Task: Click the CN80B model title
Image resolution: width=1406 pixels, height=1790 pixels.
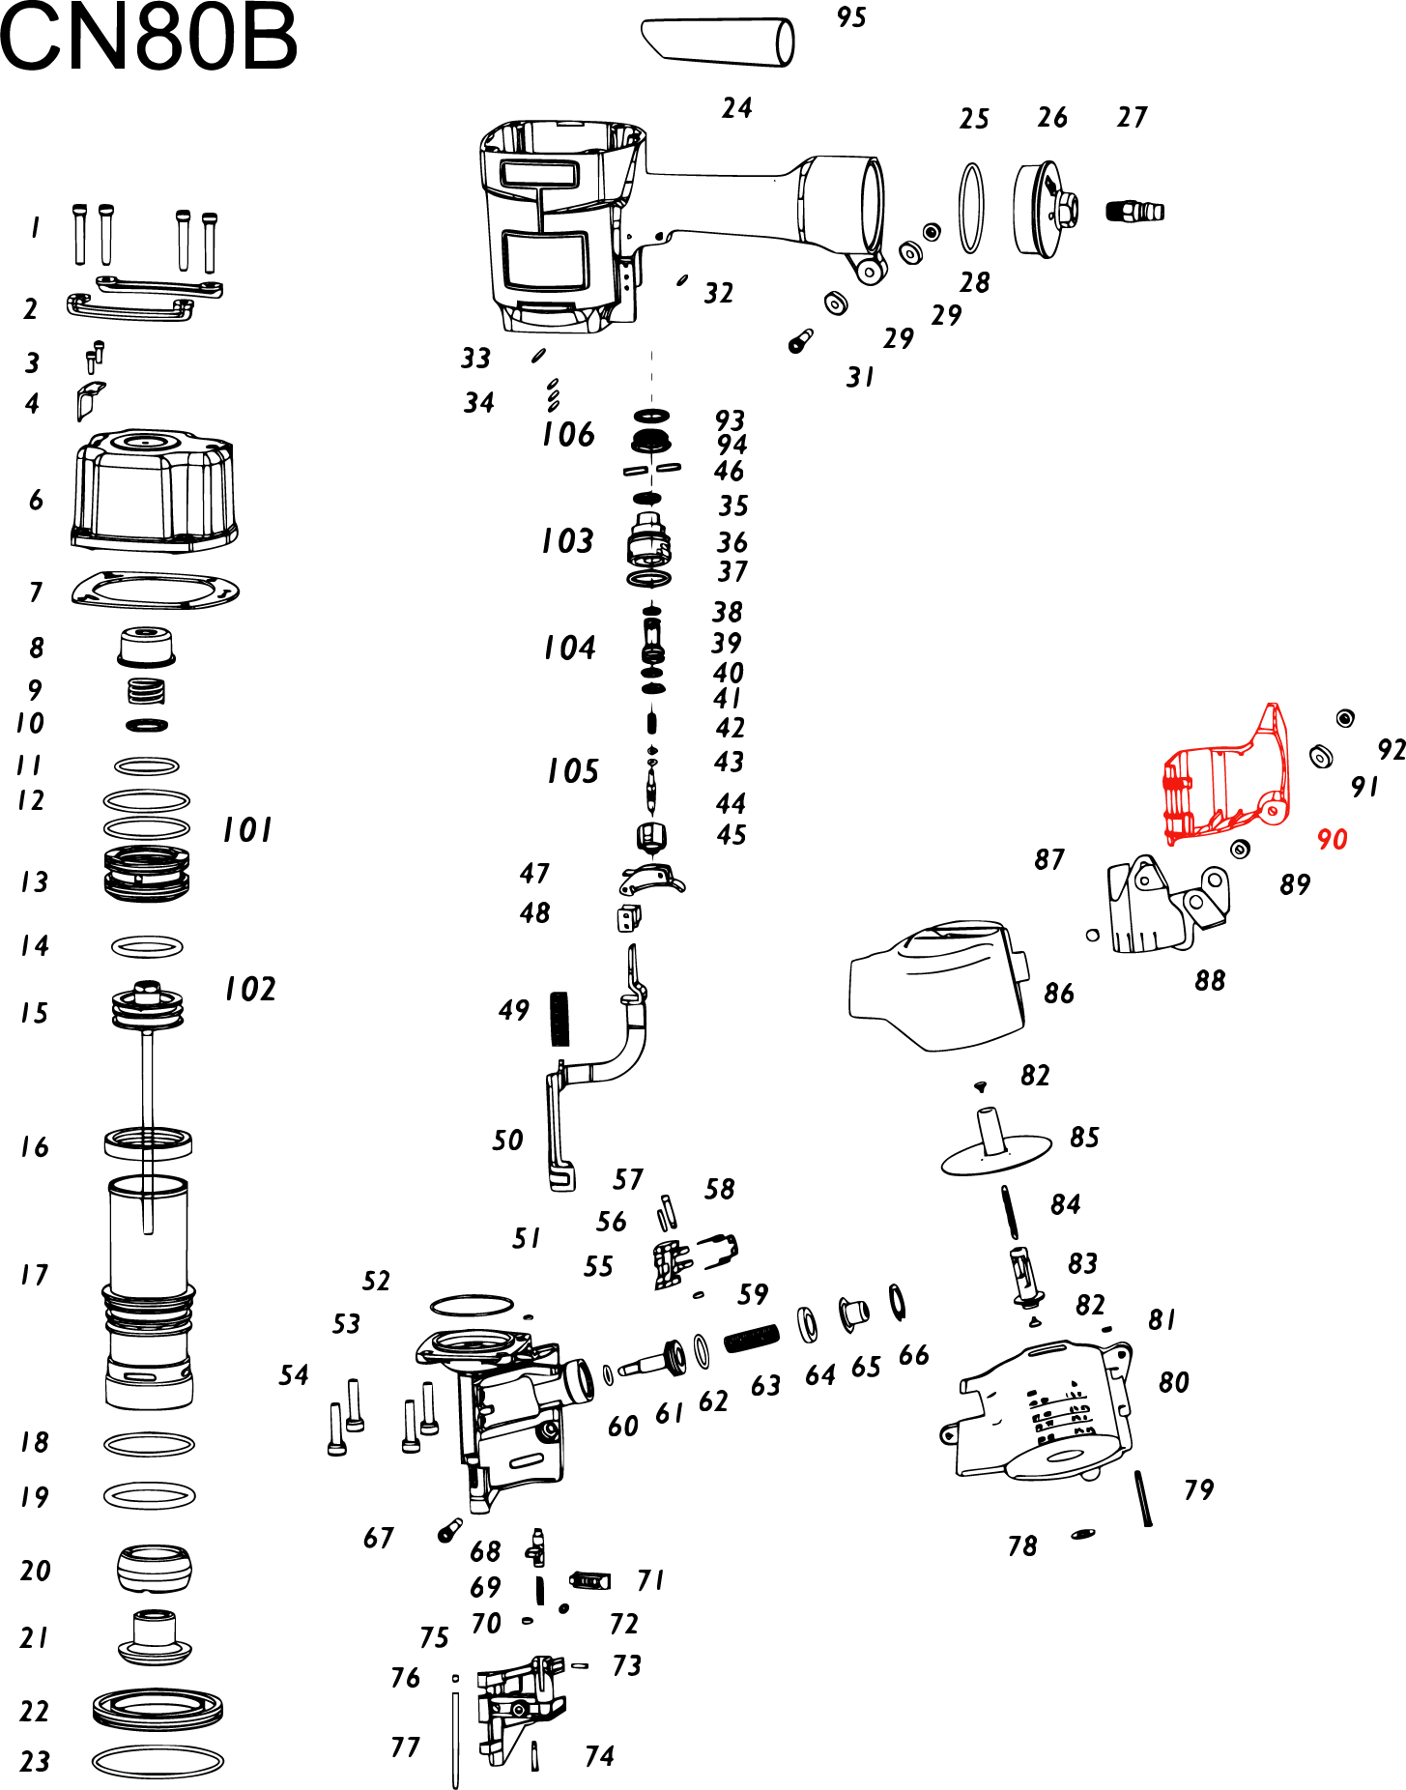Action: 148,39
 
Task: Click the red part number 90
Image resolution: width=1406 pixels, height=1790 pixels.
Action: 1332,839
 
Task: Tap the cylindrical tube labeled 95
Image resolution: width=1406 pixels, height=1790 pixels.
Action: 717,42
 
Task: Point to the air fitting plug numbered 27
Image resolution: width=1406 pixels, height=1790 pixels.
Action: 1134,211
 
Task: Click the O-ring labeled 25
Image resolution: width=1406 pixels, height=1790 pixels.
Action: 971,209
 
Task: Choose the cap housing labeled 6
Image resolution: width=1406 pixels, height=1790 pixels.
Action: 154,493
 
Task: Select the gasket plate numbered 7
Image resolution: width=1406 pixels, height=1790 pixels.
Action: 155,590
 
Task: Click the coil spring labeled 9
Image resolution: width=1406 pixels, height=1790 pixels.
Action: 146,691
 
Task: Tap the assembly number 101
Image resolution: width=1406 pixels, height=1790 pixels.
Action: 247,830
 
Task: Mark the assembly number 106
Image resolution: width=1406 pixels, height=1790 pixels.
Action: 568,435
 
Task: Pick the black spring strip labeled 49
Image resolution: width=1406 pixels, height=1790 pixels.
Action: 560,1019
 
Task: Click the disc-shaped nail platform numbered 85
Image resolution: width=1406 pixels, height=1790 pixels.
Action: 995,1149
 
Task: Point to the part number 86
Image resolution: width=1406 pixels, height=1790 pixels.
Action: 1059,994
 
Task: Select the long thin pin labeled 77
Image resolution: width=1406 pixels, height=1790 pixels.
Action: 455,1735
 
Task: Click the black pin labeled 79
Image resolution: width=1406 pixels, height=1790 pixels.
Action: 1144,1498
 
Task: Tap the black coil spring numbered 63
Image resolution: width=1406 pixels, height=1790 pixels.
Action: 752,1339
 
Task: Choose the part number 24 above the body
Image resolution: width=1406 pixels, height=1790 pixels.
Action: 736,108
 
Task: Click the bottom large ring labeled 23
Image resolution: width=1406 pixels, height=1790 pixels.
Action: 158,1761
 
